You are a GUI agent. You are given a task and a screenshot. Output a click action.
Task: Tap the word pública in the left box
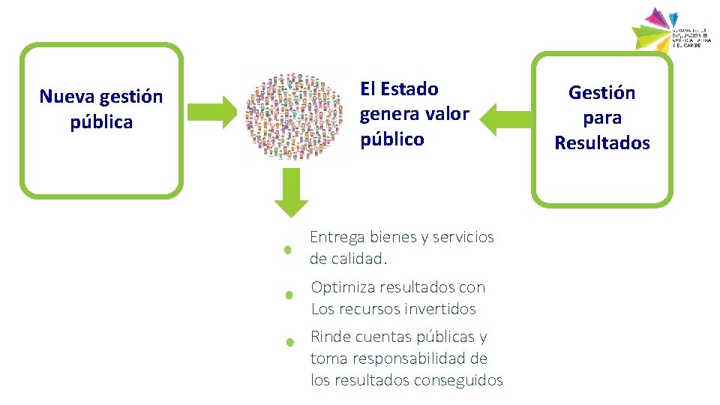[x=101, y=122]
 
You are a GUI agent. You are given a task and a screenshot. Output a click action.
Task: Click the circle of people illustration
[x=292, y=116]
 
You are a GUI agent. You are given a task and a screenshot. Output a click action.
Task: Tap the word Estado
[x=409, y=89]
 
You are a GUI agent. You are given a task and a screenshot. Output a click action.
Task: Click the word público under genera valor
[x=391, y=139]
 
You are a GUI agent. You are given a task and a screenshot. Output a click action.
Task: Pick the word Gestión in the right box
[x=601, y=93]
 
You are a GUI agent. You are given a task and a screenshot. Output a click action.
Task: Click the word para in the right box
[x=601, y=118]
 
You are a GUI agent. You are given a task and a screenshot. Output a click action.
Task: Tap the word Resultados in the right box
[x=601, y=143]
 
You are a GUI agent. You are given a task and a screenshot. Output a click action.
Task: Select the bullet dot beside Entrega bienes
[x=287, y=251]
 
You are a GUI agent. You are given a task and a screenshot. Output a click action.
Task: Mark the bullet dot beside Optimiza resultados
[x=289, y=296]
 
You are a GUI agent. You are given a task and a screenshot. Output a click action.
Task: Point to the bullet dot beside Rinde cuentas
[x=289, y=342]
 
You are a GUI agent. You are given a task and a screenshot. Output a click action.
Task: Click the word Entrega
[x=337, y=237]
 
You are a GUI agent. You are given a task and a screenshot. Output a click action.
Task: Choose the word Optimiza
[x=343, y=287]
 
